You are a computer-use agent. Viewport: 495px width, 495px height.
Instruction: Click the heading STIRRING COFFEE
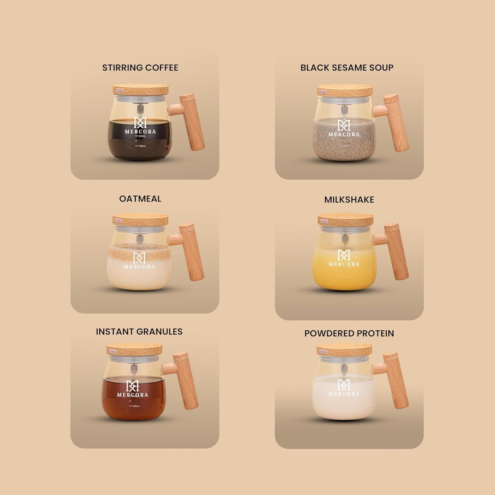click(x=140, y=68)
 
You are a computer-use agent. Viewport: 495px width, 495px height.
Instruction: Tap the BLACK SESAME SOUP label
click(x=347, y=68)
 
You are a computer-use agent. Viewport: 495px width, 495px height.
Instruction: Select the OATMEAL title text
click(x=140, y=199)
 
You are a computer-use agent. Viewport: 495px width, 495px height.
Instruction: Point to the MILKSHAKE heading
click(x=349, y=200)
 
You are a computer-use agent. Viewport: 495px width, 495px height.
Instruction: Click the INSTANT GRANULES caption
click(x=139, y=332)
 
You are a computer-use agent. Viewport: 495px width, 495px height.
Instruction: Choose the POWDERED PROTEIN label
click(x=349, y=333)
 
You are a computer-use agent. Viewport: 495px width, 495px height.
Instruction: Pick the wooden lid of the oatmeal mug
click(x=140, y=220)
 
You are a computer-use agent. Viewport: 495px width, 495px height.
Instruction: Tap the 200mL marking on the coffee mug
click(x=141, y=136)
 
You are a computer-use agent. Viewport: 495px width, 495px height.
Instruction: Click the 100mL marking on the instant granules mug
click(x=135, y=406)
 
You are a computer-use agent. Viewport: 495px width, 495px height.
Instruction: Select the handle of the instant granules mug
click(x=186, y=381)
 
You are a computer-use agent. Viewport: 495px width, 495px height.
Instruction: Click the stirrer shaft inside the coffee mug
click(x=140, y=110)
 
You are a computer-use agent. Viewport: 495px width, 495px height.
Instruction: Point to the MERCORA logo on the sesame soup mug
click(x=344, y=128)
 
